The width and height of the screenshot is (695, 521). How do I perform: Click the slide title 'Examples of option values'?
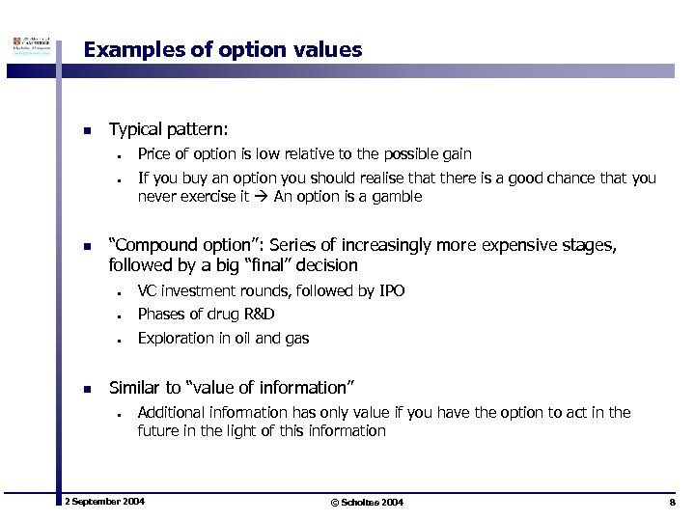pos(223,49)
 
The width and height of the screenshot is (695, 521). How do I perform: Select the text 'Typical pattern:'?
pos(169,128)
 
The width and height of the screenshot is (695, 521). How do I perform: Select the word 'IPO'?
pos(392,290)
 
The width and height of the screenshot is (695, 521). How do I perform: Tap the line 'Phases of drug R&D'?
pos(206,314)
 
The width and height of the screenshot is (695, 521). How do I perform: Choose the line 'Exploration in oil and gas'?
pos(223,338)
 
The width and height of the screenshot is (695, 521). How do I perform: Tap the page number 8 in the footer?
pos(672,503)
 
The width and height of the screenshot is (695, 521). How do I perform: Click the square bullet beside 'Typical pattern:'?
pos(87,130)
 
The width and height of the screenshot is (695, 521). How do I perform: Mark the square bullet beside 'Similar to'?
pos(87,389)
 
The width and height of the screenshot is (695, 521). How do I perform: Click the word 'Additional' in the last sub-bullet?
pos(170,413)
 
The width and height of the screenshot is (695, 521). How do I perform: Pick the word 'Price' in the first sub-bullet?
pos(154,154)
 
